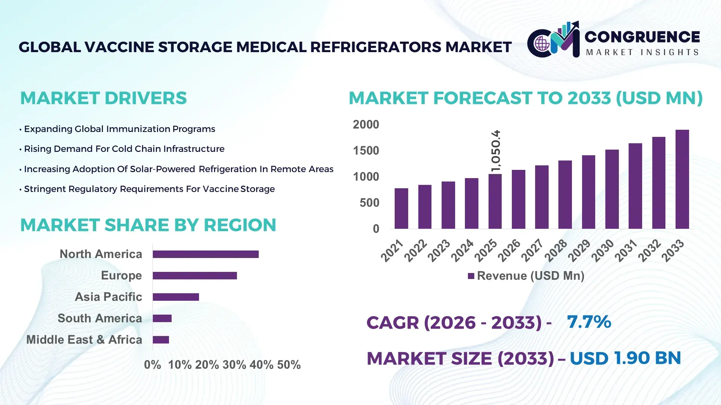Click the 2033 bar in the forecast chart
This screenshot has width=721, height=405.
click(x=682, y=179)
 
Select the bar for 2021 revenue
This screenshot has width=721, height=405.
click(x=401, y=208)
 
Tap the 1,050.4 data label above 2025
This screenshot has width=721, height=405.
click(x=496, y=151)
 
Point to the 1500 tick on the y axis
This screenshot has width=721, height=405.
click(x=366, y=151)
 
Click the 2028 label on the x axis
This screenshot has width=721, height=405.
click(x=556, y=250)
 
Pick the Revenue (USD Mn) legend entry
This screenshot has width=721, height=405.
click(x=526, y=276)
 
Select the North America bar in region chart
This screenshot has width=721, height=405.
click(x=205, y=254)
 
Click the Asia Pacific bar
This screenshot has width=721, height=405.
click(x=176, y=297)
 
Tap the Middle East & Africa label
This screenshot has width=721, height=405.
click(x=84, y=340)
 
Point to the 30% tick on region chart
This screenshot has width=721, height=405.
click(x=234, y=365)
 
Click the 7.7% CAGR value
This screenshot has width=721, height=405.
click(x=589, y=322)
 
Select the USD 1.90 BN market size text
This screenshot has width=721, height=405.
click(x=625, y=358)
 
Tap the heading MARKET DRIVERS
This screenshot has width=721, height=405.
click(x=103, y=98)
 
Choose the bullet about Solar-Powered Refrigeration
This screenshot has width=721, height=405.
click(x=178, y=169)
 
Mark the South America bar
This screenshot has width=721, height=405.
click(x=162, y=318)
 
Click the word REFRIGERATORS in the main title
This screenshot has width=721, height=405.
click(x=376, y=47)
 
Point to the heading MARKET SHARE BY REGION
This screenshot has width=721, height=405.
click(x=148, y=225)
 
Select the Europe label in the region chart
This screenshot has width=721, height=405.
click(x=121, y=276)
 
